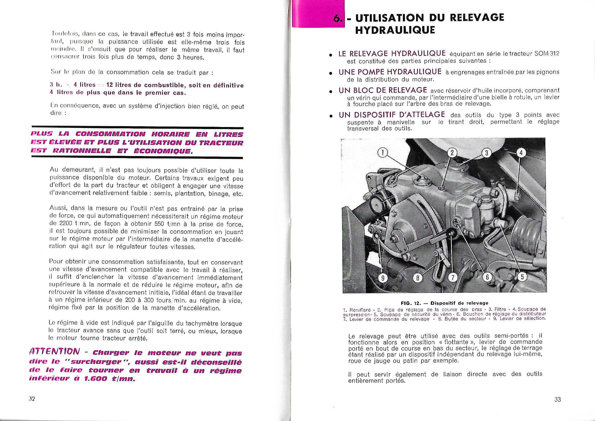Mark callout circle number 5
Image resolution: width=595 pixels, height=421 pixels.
click(522, 277)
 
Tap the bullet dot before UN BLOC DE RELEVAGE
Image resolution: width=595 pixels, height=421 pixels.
click(330, 92)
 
